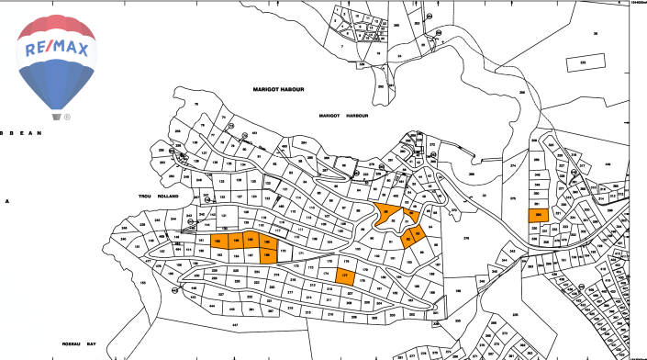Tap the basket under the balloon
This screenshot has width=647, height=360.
(x=57, y=117)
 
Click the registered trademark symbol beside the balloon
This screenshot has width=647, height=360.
(x=68, y=118)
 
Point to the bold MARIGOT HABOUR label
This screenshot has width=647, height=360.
(x=278, y=89)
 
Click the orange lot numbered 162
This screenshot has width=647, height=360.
(x=218, y=242)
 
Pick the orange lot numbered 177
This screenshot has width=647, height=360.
(x=345, y=275)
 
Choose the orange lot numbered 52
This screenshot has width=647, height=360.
(x=407, y=242)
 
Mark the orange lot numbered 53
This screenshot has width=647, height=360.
(x=418, y=234)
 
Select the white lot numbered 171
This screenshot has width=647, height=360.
(x=299, y=251)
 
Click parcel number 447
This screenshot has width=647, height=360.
(x=234, y=325)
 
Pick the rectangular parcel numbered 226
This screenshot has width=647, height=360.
(x=581, y=62)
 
